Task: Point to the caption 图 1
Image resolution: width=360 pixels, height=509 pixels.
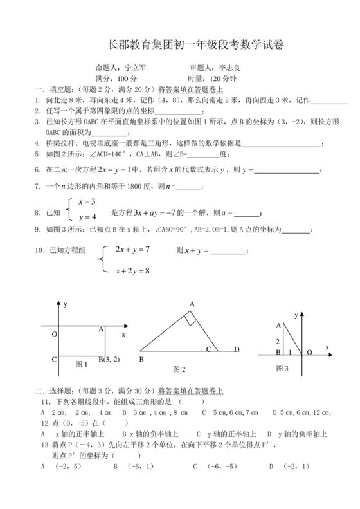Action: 82,364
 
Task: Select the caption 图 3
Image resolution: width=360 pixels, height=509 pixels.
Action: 282,368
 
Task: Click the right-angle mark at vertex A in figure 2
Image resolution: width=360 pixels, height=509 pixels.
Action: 190,317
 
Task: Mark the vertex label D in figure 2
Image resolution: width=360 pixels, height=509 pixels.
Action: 237,349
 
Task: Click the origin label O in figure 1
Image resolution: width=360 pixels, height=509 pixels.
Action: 55,335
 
